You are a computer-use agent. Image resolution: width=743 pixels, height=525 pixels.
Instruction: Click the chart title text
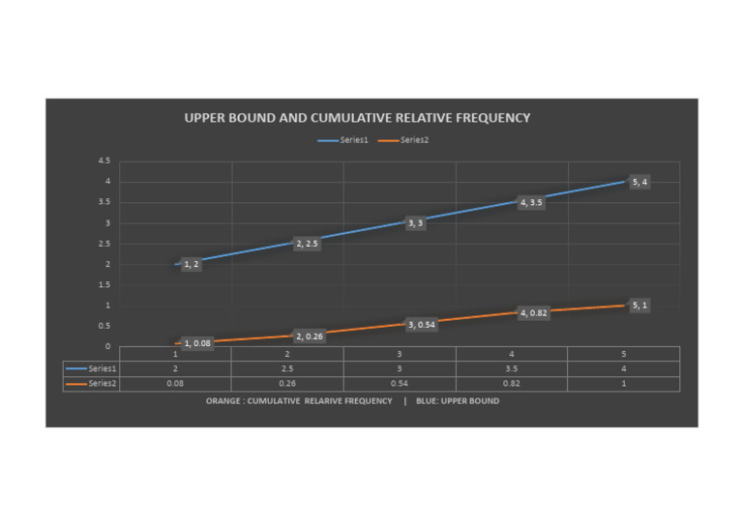[x=357, y=118]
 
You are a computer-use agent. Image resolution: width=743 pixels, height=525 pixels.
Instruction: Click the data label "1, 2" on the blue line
[x=192, y=264]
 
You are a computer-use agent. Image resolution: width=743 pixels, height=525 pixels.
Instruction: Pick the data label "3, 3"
[x=415, y=223]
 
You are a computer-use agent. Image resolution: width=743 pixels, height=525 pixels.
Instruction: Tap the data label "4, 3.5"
[x=531, y=203]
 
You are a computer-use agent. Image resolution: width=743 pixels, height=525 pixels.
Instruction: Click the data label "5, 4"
[x=639, y=182]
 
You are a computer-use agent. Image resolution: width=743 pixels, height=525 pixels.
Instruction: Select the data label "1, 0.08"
[x=197, y=343]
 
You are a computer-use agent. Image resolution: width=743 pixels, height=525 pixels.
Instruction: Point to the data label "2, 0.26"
[x=310, y=336]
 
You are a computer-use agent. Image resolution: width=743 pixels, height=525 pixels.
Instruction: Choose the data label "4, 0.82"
[x=534, y=313]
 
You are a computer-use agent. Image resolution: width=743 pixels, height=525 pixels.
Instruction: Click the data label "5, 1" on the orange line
[x=639, y=306]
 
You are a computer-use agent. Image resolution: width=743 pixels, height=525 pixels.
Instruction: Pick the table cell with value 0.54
[x=400, y=384]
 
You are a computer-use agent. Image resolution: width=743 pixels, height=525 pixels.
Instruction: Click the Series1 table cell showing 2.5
[x=287, y=368]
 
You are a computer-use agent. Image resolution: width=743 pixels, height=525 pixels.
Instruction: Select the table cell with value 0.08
[x=175, y=384]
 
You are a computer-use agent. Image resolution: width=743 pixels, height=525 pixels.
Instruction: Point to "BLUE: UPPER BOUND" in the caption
[x=463, y=400]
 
